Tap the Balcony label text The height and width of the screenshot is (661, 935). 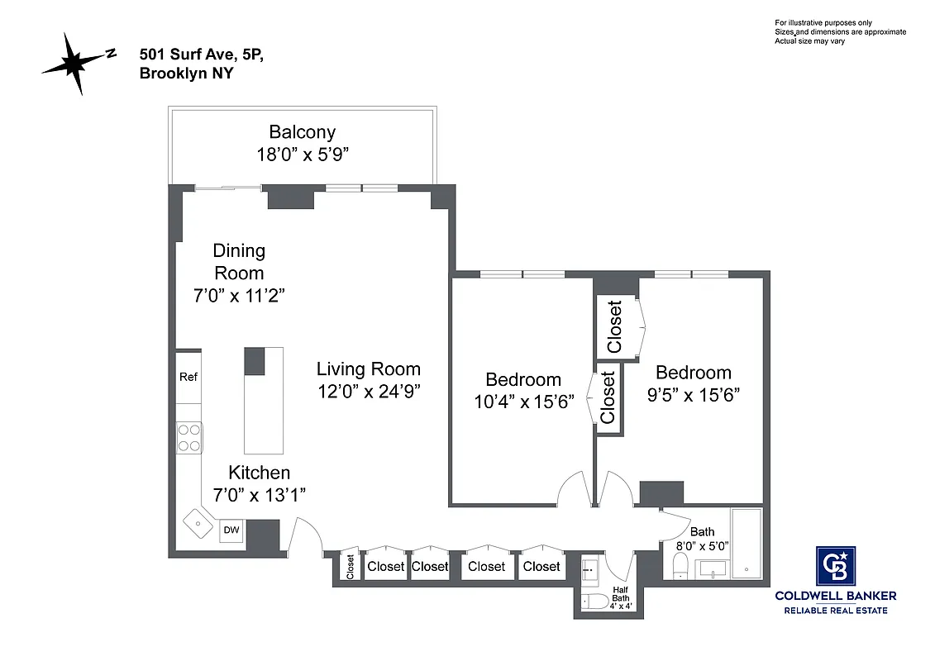click(302, 132)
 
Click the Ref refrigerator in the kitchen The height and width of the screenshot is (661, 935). click(188, 378)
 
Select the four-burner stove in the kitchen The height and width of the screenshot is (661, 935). click(189, 437)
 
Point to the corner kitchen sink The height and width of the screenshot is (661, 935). click(198, 523)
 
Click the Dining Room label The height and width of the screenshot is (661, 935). click(239, 261)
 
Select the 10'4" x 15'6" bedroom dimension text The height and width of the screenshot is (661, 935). click(523, 403)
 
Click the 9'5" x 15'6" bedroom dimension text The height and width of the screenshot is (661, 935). click(693, 395)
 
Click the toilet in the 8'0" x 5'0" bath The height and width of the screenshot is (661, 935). click(680, 567)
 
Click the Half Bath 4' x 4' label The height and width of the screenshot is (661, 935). click(621, 597)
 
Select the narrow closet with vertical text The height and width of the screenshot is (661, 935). click(350, 567)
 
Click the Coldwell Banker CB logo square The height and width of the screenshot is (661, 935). click(835, 567)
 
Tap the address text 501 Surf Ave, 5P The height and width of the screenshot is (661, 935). click(202, 55)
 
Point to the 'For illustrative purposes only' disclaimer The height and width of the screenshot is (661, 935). click(823, 22)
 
